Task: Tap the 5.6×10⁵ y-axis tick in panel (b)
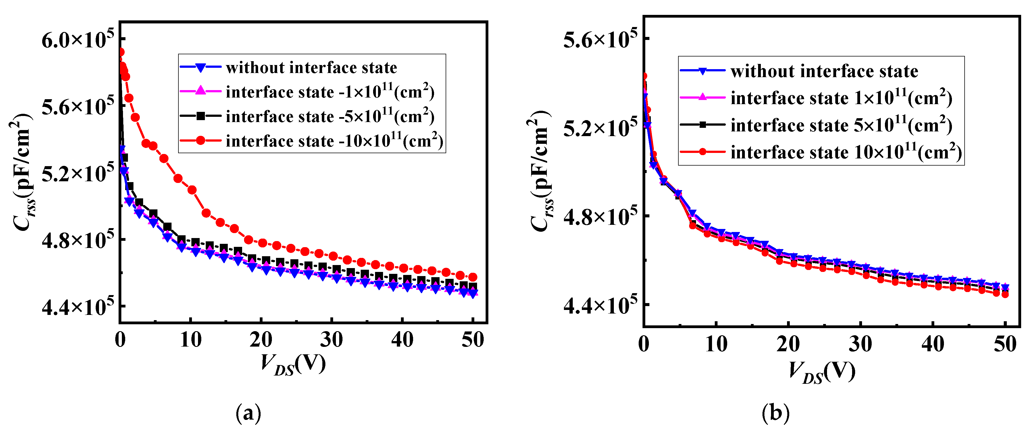coord(600,39)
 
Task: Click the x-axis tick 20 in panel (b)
coord(788,344)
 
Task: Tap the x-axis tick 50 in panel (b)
coord(1005,344)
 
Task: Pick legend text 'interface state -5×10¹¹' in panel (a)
coord(330,116)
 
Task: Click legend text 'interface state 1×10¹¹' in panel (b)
coord(841,98)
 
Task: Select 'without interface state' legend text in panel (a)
coord(311,68)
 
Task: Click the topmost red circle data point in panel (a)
coord(120,52)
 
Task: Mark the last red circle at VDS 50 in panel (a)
coord(473,277)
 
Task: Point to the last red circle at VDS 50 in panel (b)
coord(1005,294)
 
